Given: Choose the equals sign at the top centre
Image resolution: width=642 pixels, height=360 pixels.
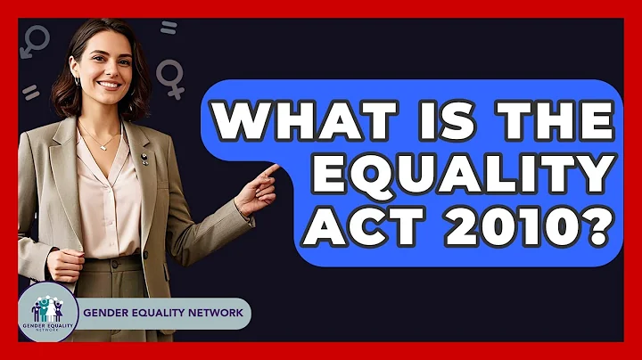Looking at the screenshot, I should [x=169, y=28].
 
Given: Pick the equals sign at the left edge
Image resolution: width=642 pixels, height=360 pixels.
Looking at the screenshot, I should [x=31, y=92].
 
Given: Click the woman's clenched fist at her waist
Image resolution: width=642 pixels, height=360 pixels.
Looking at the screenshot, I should [x=64, y=264].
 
